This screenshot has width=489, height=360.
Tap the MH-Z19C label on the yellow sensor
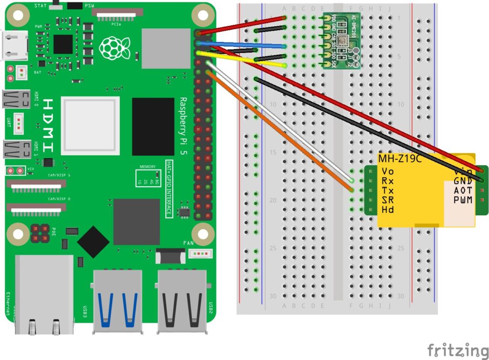(400, 159)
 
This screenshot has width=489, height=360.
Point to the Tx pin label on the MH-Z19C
(387, 191)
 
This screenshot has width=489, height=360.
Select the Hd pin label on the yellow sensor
(387, 210)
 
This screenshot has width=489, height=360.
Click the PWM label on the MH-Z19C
(463, 200)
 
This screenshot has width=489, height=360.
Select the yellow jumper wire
(244, 58)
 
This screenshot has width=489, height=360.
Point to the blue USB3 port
(117, 301)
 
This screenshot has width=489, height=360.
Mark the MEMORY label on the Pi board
(148, 167)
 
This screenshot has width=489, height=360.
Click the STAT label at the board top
(42, 5)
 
